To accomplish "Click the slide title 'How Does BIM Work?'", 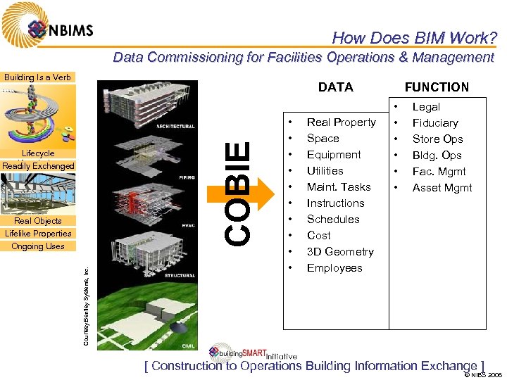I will (414, 38).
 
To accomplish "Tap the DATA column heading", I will (336, 87).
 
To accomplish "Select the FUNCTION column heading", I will (437, 87).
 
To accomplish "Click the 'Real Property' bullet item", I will (341, 122).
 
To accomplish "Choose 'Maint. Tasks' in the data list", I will (339, 187).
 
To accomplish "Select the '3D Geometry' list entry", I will (340, 252).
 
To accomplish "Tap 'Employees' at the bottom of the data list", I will (334, 268).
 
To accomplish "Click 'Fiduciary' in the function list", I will (435, 123).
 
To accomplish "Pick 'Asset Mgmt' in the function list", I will (442, 188).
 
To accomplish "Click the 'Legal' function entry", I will (426, 107).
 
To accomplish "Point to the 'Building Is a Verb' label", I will (37, 77).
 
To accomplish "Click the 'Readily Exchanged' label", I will (38, 166).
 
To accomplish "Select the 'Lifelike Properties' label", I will (38, 234).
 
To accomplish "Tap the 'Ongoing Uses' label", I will (38, 246).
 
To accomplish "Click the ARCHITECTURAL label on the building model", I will (175, 127).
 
